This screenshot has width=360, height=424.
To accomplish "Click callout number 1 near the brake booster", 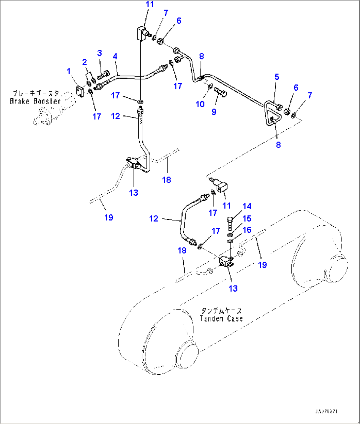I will [69, 71].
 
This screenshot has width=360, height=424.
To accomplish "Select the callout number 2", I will [85, 62].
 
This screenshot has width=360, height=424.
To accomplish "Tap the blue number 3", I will [99, 53].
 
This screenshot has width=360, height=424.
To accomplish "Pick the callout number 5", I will [277, 77].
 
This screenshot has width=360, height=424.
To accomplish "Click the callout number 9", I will [214, 112].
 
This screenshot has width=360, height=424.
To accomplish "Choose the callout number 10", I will [200, 104].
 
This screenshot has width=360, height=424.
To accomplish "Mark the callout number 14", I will [247, 206].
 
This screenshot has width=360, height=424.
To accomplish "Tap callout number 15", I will [247, 218].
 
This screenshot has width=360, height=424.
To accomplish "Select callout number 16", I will [247, 230].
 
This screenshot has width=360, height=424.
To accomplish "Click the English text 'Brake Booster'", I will [35, 101].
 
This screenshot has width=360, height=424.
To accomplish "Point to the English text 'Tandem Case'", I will [221, 318].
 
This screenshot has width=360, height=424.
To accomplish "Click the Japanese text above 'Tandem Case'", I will [221, 311].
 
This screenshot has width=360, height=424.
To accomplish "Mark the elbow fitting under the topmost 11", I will [142, 34].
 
